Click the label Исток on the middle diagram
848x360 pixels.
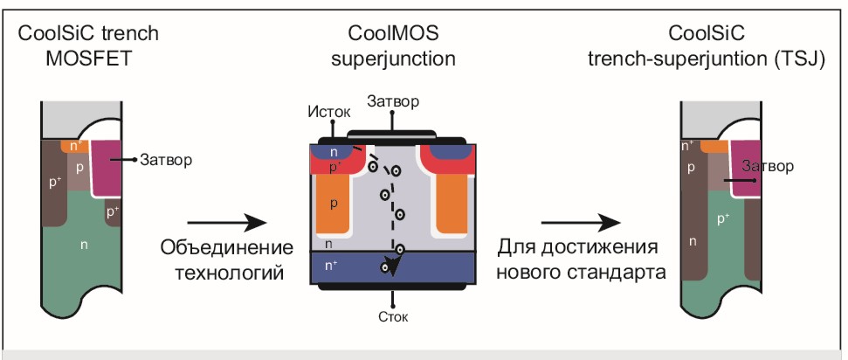coord(329,112)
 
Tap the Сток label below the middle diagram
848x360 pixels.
coord(393,316)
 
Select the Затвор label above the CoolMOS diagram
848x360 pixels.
coord(393,101)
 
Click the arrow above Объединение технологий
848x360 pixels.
coord(227,222)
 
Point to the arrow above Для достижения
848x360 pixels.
coord(581,222)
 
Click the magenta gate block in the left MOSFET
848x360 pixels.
coord(107,168)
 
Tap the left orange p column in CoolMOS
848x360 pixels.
coord(334,204)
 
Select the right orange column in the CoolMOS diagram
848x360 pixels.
coord(452,204)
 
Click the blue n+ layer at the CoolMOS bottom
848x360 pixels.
coord(393,267)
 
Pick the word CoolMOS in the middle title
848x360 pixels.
coord(393,33)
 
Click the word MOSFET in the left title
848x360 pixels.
coord(89,59)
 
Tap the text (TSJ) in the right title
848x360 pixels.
coord(799,59)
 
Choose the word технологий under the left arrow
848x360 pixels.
coord(230,273)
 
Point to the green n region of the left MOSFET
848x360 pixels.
coord(84,249)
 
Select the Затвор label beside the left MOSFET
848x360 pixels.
coord(165,160)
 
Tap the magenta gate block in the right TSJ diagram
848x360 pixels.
coord(747,168)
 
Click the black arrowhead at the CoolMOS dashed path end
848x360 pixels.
coord(394,264)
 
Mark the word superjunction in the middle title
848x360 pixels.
coord(393,59)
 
